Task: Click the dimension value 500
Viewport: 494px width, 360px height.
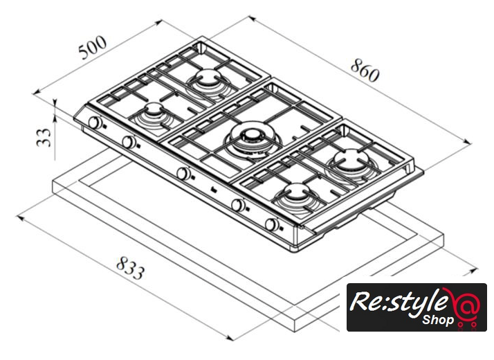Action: (92, 50)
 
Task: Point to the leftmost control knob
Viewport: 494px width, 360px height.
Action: (94, 124)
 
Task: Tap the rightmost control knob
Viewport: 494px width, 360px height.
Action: (273, 225)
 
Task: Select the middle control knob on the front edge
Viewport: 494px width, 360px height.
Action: (183, 173)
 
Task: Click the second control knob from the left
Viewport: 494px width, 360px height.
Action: (129, 143)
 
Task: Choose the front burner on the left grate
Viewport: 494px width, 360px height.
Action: (152, 112)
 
